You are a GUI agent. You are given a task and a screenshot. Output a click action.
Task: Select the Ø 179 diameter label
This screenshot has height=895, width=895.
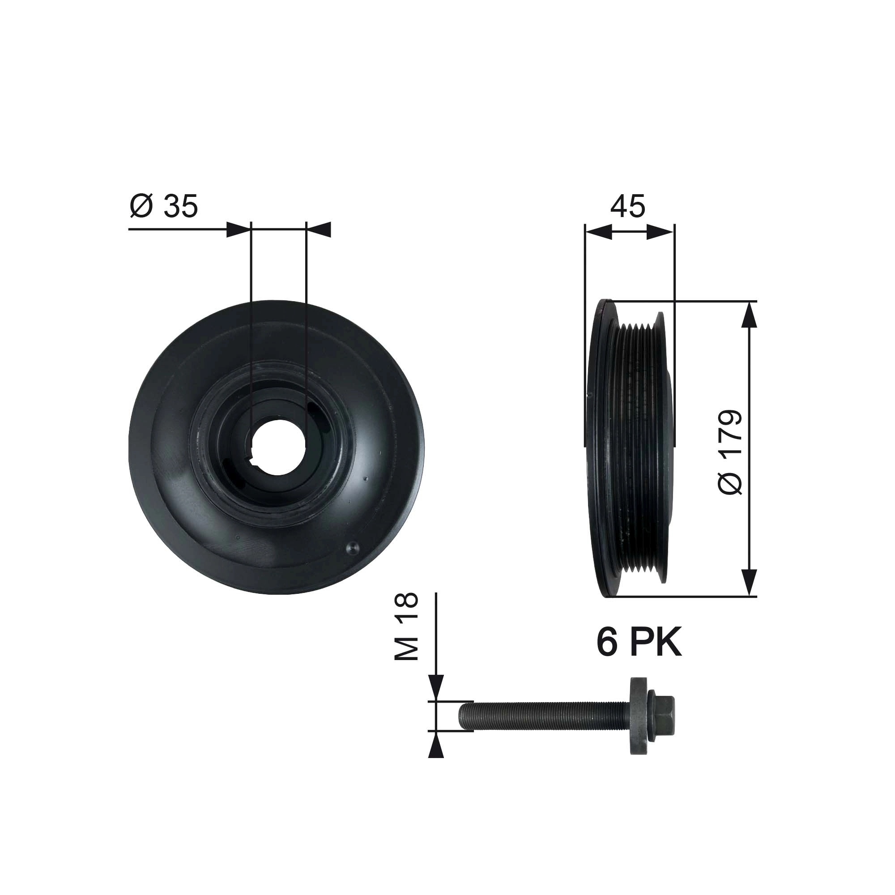click(x=731, y=452)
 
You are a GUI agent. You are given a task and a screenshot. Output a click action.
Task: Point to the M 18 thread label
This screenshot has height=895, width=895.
click(x=406, y=627)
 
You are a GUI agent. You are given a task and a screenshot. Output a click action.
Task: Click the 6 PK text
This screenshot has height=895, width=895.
click(x=639, y=643)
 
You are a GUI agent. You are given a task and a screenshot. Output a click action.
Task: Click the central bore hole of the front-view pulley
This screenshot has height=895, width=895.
click(x=278, y=447)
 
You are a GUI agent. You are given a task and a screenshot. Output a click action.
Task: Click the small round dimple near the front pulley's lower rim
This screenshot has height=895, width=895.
click(x=352, y=548)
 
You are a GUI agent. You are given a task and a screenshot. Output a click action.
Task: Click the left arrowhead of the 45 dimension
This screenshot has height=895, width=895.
click(x=598, y=232)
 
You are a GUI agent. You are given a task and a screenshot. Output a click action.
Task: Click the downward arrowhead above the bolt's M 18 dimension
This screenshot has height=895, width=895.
click(x=436, y=687)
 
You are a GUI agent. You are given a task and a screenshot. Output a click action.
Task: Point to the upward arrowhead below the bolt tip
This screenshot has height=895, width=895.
click(x=436, y=748)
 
